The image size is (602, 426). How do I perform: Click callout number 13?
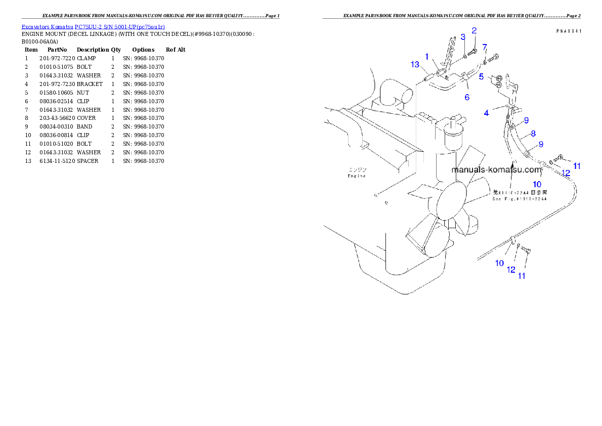pyautogui.click(x=415, y=64)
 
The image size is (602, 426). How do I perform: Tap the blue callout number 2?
pyautogui.click(x=462, y=37)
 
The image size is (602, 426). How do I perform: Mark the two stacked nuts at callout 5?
pyautogui.click(x=499, y=81)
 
